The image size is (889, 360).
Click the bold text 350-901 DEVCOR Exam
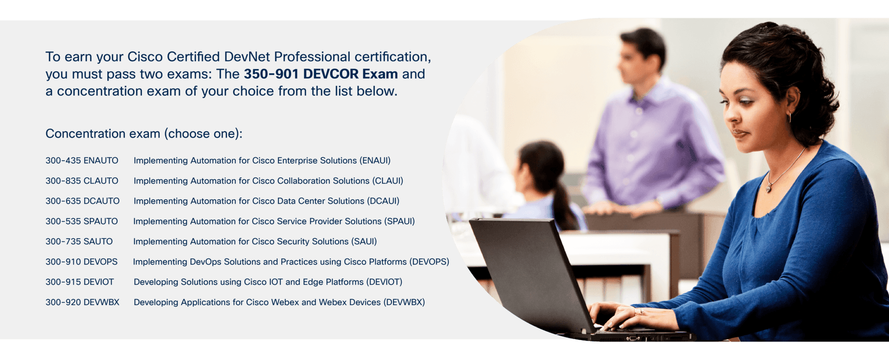(321, 74)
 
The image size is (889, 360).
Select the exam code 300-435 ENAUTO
(82, 160)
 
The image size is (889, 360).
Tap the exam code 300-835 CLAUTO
(82, 181)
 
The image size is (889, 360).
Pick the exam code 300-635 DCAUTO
(83, 201)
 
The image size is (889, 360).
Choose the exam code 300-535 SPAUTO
(82, 222)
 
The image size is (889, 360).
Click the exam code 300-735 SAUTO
(79, 241)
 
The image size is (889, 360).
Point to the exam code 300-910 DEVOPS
(82, 262)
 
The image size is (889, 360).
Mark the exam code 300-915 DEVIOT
(80, 282)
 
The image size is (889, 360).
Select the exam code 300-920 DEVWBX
(83, 302)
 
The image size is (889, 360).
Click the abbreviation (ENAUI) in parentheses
(375, 161)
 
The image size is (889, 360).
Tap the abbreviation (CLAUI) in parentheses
(388, 181)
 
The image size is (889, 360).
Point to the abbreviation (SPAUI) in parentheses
(399, 222)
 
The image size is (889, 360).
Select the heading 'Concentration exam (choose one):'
(144, 134)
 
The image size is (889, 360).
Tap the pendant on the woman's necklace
(769, 187)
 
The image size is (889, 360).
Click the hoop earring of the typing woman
(789, 117)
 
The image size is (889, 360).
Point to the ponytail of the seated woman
(564, 205)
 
